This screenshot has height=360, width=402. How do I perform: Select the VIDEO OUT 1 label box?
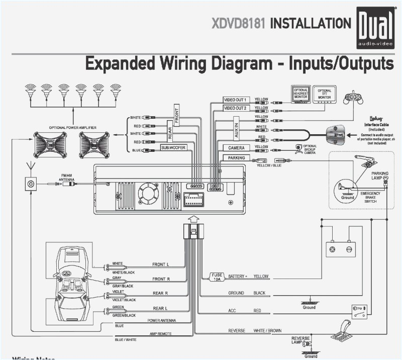pos(235,100)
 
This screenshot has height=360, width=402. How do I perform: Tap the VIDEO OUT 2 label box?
pos(235,109)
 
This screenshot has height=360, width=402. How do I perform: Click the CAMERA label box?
pos(236,148)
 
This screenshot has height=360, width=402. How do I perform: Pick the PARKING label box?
pos(236,158)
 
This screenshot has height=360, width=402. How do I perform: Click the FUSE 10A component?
pos(216,277)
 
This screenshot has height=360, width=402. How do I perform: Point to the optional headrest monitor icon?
pos(300,94)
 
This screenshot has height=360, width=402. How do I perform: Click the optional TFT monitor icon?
pos(325,94)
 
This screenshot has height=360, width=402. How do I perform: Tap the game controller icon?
pos(354,98)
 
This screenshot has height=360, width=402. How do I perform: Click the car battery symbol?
pos(341,248)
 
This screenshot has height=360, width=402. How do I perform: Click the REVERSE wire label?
pos(237,330)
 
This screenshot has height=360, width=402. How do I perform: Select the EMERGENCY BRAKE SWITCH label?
pos(370,197)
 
